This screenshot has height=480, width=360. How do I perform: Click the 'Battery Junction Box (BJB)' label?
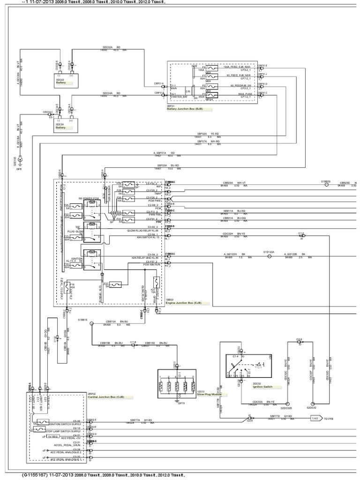tap(187, 109)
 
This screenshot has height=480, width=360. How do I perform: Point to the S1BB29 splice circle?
tap(326, 185)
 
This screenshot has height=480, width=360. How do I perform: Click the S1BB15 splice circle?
tap(91, 324)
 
